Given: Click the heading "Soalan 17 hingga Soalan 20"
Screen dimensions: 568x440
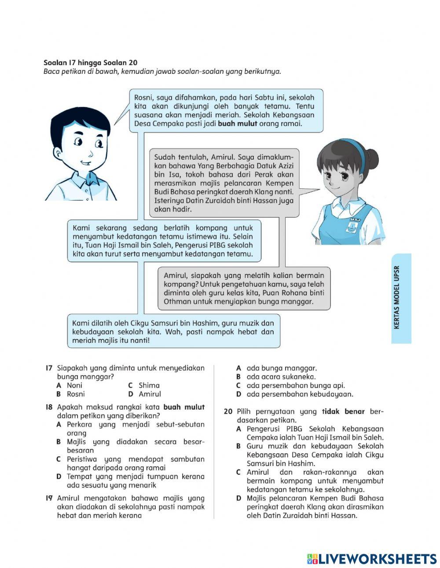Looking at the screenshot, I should pos(90,63).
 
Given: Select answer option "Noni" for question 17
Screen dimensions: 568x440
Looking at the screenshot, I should pos(74,385).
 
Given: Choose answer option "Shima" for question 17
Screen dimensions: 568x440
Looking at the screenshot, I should pos(149,385).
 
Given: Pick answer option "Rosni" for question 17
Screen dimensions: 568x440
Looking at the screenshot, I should pos(76,394).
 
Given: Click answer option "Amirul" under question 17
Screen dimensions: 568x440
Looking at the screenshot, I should pos(150,394).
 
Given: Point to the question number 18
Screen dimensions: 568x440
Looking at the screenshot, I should pos(49,407).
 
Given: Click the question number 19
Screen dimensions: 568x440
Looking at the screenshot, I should pos(49,498).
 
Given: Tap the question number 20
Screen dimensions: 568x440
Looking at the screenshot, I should pos(227,412).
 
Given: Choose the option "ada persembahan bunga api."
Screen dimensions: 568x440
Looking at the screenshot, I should pos(295,386).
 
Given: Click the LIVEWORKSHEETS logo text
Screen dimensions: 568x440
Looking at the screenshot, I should pos(377,558).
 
